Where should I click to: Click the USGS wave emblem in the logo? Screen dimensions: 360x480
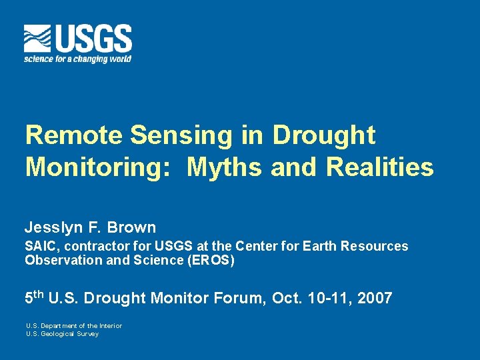pyautogui.click(x=37, y=39)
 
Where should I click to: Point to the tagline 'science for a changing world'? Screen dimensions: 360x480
pyautogui.click(x=77, y=59)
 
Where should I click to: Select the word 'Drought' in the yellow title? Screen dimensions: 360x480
pyautogui.click(x=324, y=135)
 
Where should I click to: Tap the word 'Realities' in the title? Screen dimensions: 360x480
pyautogui.click(x=380, y=167)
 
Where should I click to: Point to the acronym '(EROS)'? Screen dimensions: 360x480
pyautogui.click(x=212, y=261)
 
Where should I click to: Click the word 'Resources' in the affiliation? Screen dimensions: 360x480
pyautogui.click(x=374, y=246)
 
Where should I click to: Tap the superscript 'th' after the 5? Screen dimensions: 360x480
pyautogui.click(x=39, y=293)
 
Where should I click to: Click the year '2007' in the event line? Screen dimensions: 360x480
pyautogui.click(x=374, y=297)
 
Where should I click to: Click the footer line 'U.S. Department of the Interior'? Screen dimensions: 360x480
pyautogui.click(x=74, y=326)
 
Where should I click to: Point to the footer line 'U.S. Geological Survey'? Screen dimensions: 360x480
pyautogui.click(x=62, y=334)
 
